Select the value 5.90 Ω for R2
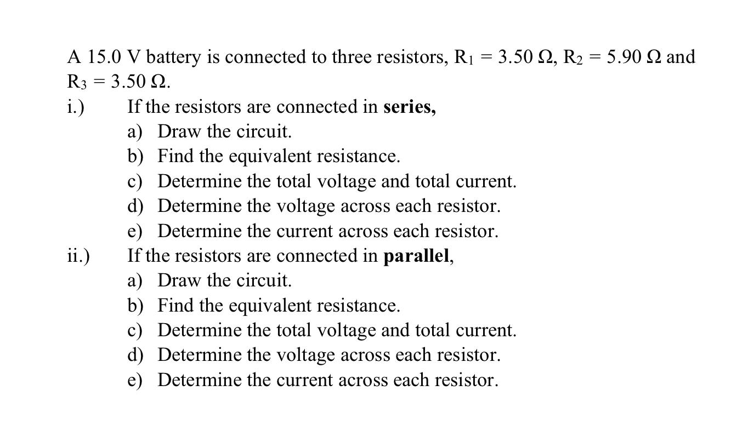634,57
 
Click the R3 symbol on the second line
77,82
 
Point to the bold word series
409,107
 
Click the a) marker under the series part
135,132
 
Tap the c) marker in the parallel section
135,331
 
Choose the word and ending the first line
681,57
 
